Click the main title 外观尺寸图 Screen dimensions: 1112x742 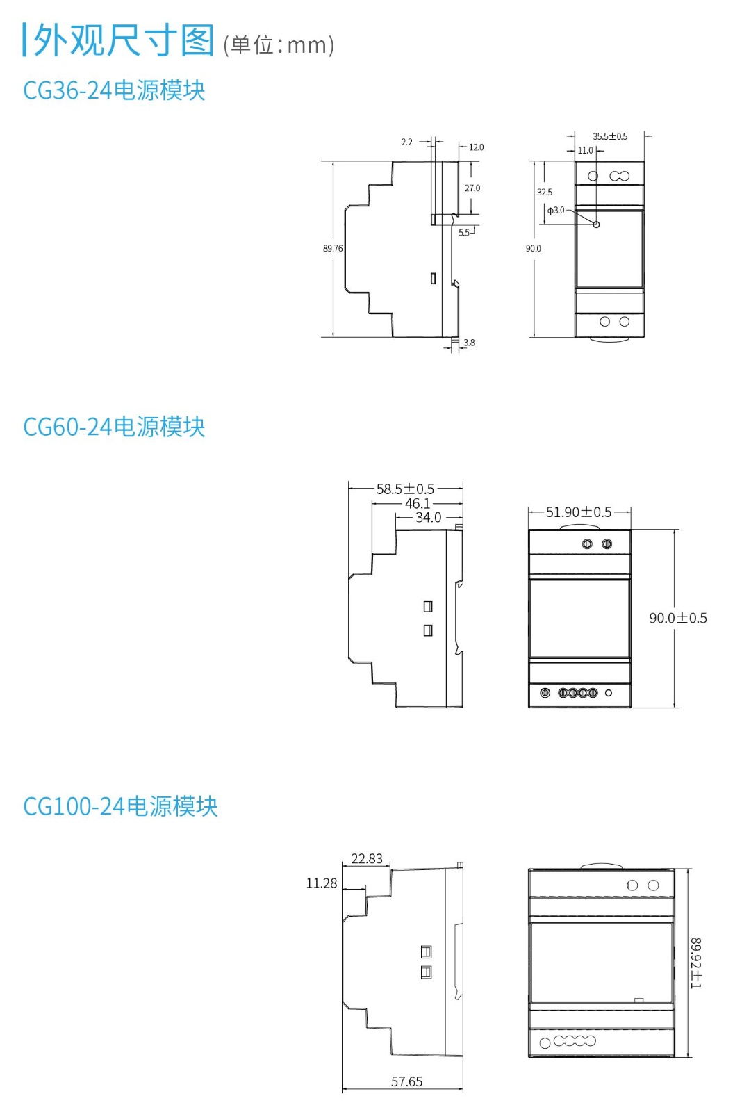(124, 40)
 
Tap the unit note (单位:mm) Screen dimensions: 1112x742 (279, 45)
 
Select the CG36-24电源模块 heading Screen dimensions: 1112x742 (114, 90)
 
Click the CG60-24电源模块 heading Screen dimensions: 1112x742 (114, 427)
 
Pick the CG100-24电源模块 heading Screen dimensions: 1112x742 (120, 806)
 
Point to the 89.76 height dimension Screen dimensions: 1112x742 (333, 248)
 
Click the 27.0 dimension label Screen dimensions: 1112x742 (472, 188)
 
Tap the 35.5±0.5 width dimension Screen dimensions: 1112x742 (610, 136)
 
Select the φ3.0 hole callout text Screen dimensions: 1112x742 (556, 211)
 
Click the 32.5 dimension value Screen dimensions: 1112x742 (545, 193)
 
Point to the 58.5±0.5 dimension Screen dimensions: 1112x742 (405, 489)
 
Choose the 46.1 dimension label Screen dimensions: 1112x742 (418, 503)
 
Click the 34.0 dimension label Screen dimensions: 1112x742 (428, 518)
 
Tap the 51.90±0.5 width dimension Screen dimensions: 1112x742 (579, 512)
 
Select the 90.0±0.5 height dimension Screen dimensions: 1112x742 (678, 618)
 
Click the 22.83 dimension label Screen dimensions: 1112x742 (367, 859)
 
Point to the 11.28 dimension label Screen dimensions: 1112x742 (322, 883)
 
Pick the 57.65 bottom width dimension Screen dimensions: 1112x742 (406, 1081)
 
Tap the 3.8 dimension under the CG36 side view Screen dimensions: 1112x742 (470, 343)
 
